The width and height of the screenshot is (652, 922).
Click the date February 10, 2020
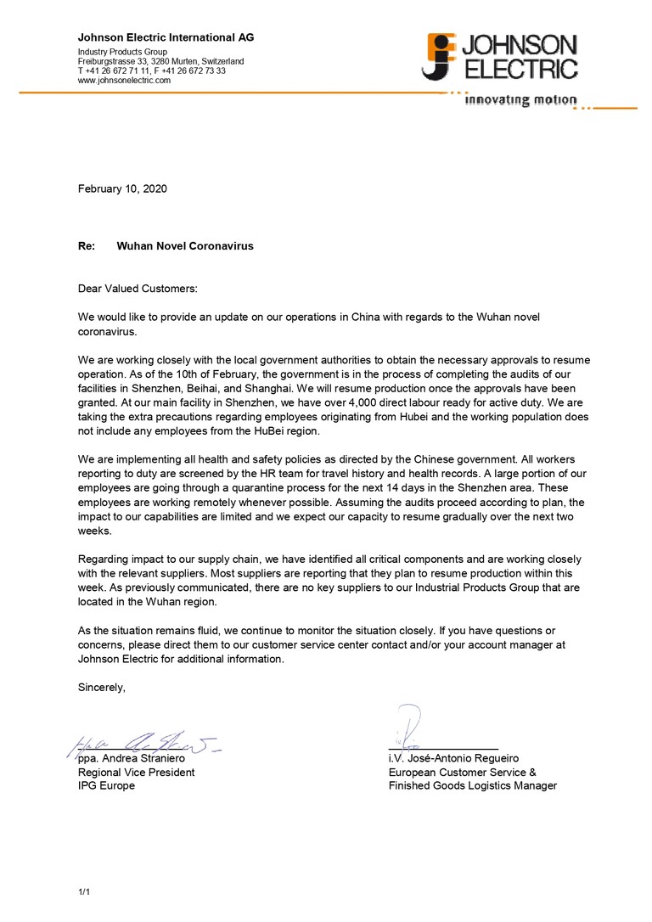(x=122, y=188)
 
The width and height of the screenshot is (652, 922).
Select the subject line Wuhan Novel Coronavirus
(x=184, y=246)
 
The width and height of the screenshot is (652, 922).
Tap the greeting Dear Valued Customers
(x=137, y=289)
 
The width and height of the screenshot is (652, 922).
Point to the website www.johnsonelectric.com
(x=124, y=81)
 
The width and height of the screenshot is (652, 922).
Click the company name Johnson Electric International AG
(x=166, y=37)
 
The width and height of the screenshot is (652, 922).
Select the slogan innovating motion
(x=520, y=100)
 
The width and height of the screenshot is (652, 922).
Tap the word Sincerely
(x=102, y=688)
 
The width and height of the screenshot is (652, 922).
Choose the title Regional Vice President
(x=136, y=773)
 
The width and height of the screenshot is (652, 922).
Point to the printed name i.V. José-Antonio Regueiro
(x=453, y=758)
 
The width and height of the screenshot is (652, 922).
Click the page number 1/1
(x=84, y=891)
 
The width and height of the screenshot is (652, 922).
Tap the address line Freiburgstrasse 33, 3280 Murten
(x=160, y=62)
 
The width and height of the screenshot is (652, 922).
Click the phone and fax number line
(x=151, y=71)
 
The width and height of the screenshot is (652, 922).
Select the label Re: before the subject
(x=86, y=246)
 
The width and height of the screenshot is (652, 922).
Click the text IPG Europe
(x=106, y=786)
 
